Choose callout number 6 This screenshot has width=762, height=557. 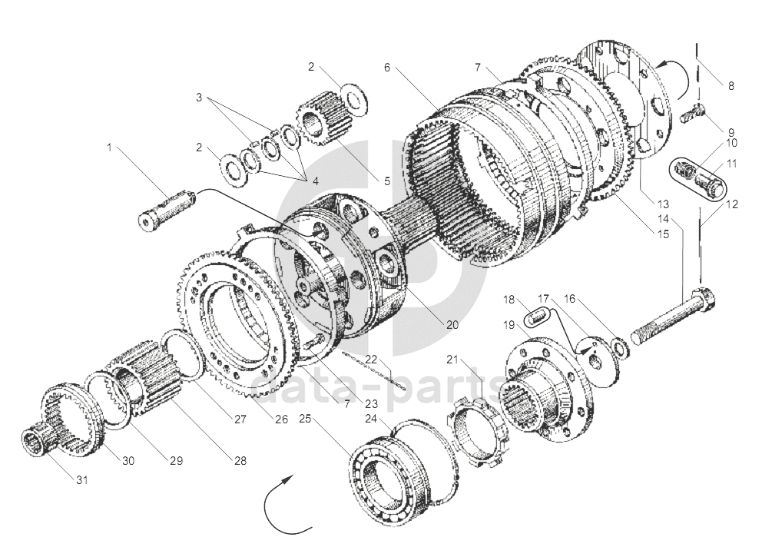pos(388,68)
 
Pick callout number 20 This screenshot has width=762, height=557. pos(452,324)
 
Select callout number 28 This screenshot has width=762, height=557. pos(240,461)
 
